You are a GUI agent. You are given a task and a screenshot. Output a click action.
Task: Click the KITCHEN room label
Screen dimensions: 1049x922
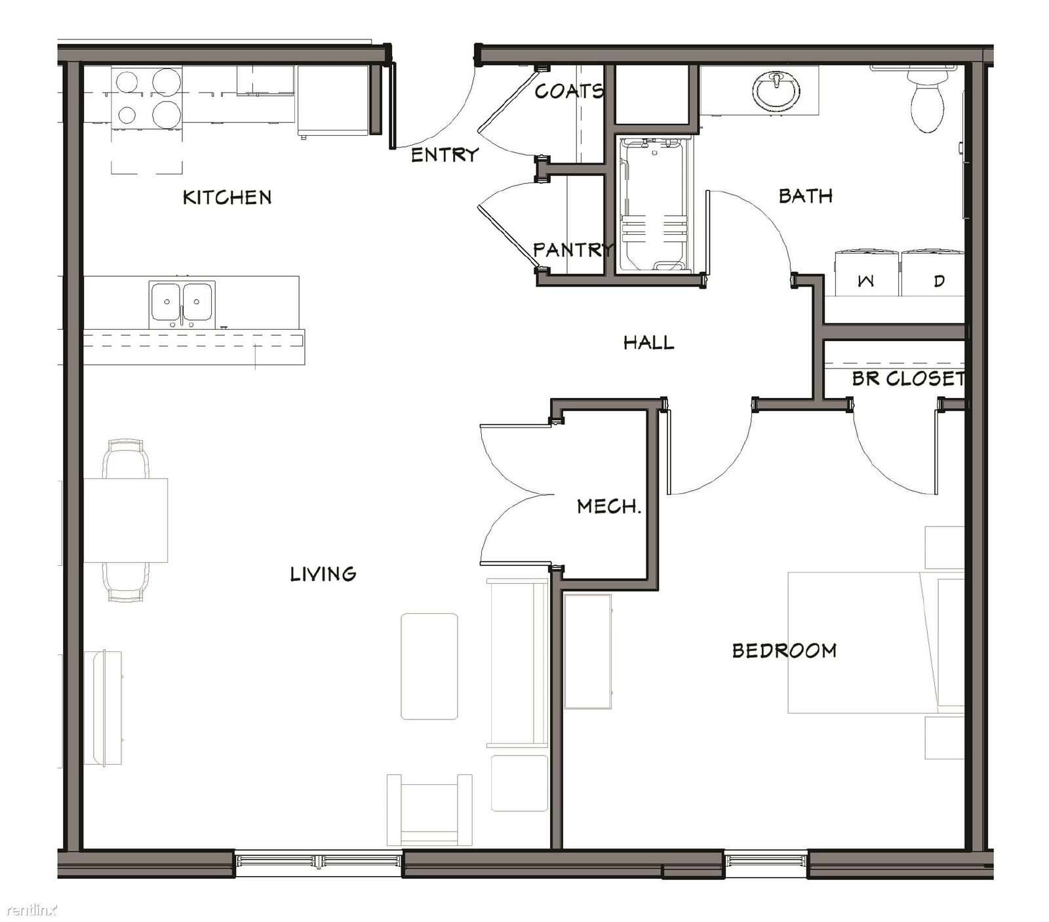[227, 197]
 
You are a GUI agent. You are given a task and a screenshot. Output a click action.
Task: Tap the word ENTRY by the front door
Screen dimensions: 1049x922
[445, 155]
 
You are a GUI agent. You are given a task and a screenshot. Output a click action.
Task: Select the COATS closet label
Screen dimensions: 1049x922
[569, 91]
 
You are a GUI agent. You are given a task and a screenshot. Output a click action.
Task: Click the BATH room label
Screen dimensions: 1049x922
[806, 195]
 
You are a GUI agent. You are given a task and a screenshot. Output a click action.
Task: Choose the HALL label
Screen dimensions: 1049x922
[648, 342]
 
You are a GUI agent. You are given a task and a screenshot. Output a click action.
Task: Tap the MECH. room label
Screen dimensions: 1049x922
[608, 506]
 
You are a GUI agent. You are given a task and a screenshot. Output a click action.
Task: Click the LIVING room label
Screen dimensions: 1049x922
[323, 574]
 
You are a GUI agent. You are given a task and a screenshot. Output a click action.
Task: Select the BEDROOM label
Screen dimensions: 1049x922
[784, 651]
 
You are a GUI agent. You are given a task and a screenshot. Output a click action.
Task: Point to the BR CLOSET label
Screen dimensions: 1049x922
[909, 378]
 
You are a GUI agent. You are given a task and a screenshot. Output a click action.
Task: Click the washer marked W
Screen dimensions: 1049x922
[867, 272]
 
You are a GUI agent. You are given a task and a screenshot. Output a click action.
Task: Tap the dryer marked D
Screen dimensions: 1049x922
[933, 272]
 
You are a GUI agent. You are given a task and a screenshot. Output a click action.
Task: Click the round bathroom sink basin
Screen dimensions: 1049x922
[776, 91]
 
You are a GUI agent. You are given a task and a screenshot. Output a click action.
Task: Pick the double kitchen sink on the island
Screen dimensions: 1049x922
[182, 305]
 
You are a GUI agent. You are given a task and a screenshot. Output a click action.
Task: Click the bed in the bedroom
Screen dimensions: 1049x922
[876, 643]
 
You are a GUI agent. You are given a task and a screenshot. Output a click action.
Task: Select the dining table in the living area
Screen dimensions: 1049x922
[125, 520]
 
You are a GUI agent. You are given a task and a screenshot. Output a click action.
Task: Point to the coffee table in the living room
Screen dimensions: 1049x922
[429, 666]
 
